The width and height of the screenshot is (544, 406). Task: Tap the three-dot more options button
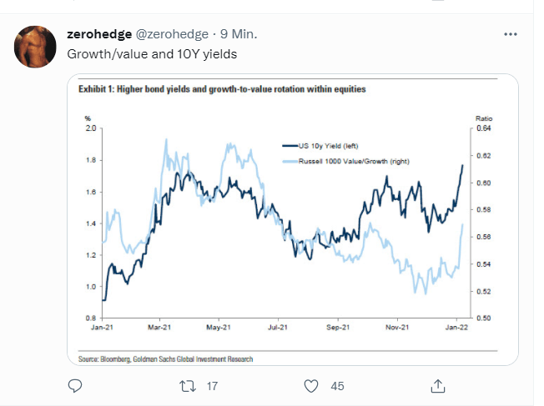click(511, 34)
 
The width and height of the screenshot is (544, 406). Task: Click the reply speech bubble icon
click(74, 385)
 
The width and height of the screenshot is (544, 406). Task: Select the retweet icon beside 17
click(189, 385)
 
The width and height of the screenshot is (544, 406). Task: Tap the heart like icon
click(311, 385)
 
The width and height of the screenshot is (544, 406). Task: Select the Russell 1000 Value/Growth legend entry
click(342, 159)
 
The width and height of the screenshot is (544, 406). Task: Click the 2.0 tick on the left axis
click(89, 128)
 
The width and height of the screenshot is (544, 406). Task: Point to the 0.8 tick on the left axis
click(89, 318)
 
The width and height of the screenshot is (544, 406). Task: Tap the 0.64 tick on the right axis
click(483, 128)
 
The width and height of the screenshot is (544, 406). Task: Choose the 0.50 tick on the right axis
click(483, 318)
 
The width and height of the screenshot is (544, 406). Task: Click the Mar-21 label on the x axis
click(160, 328)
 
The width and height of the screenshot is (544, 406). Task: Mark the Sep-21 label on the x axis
click(336, 328)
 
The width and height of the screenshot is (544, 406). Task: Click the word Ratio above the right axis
click(484, 118)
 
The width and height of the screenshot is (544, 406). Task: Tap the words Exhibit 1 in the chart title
click(97, 88)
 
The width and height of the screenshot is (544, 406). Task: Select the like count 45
click(338, 385)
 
